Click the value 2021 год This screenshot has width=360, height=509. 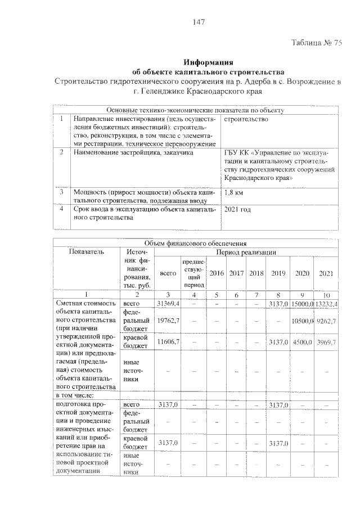(x=237, y=209)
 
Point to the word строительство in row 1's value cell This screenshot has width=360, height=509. (x=246, y=119)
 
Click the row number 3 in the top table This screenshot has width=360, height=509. (x=60, y=192)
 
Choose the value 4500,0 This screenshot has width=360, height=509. (x=303, y=342)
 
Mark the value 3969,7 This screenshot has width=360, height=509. (x=326, y=342)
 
